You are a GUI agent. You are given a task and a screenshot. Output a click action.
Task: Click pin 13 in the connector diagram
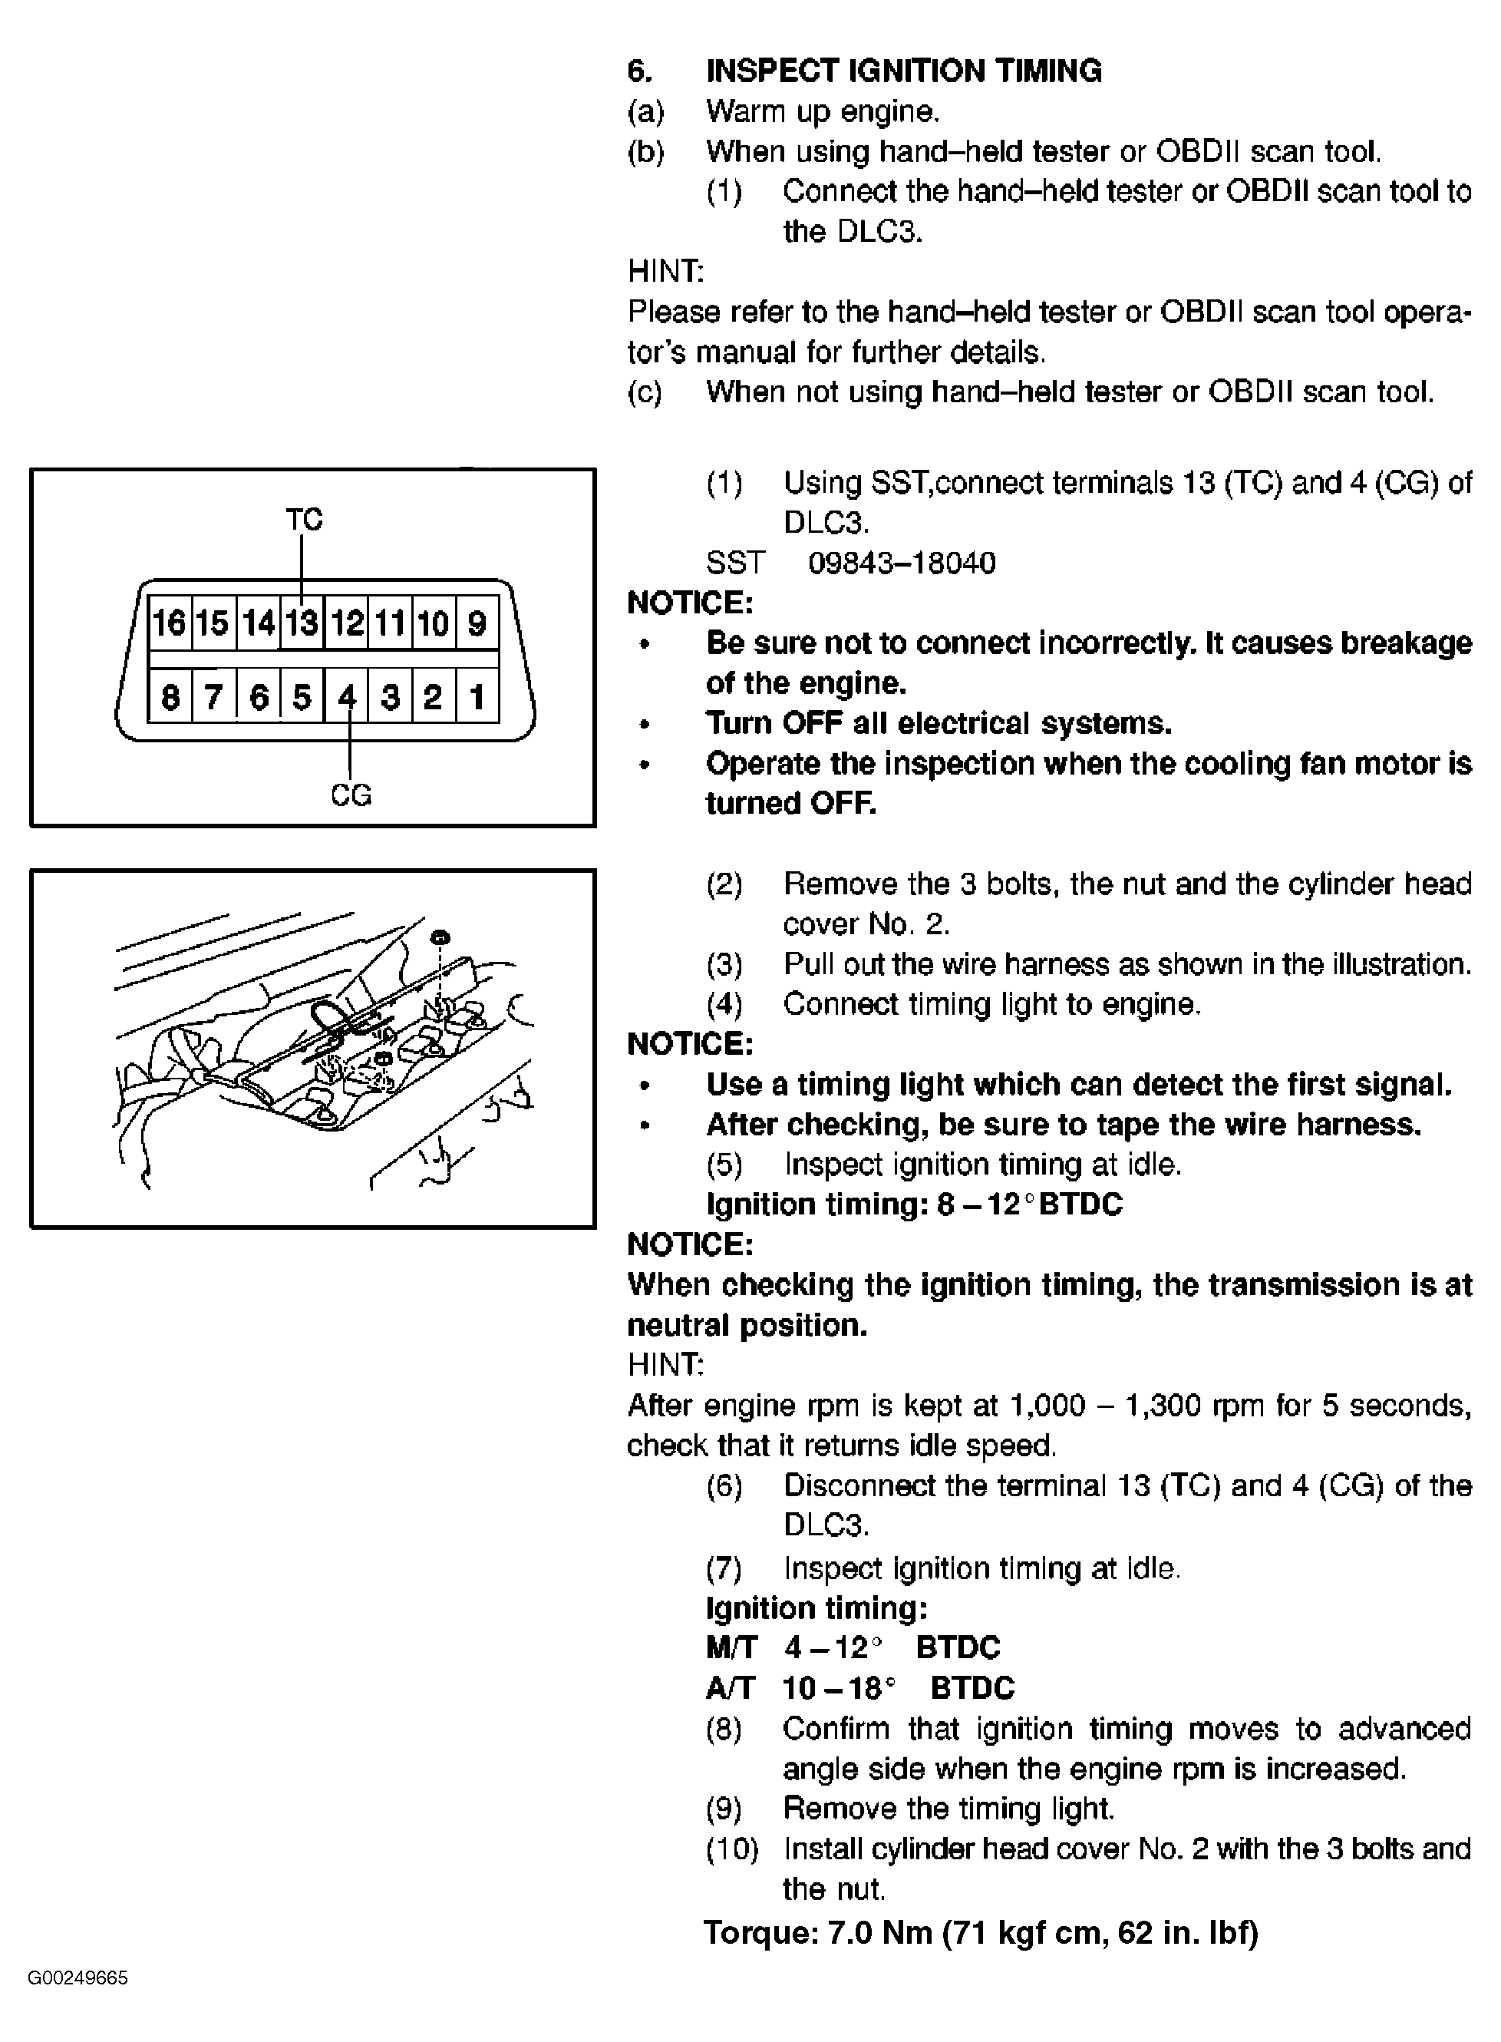tap(302, 623)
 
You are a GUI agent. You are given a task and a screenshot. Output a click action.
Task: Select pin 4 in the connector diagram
tap(346, 697)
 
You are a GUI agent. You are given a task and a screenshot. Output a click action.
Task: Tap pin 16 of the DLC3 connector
tap(169, 623)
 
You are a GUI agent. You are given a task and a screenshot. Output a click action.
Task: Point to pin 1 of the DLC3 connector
tap(476, 697)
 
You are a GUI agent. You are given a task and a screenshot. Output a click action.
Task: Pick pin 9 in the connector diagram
tap(476, 623)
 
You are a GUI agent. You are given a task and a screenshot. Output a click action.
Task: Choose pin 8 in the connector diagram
tap(169, 697)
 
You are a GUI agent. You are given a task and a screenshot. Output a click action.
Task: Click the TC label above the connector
tap(305, 520)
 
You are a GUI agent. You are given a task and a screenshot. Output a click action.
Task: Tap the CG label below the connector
tap(351, 795)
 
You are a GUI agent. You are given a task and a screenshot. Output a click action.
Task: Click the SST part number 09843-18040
tap(902, 563)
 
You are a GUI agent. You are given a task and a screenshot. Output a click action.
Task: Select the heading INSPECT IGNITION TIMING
tap(904, 71)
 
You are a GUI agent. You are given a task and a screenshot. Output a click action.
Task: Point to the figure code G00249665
tap(78, 1978)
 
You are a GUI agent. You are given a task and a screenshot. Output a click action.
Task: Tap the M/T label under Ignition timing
tap(731, 1647)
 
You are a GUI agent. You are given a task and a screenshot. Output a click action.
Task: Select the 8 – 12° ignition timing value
tap(986, 1205)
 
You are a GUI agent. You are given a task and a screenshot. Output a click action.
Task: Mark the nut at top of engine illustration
tap(440, 937)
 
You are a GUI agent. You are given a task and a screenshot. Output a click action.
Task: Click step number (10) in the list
tap(732, 1849)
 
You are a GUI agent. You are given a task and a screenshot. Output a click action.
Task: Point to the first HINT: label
tap(666, 271)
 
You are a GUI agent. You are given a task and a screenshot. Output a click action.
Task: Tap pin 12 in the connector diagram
tap(346, 623)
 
